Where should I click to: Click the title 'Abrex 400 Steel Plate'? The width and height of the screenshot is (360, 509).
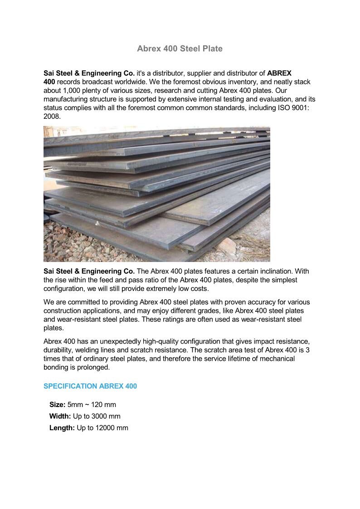tap(180, 48)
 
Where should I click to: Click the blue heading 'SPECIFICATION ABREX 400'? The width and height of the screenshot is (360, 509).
tap(90, 386)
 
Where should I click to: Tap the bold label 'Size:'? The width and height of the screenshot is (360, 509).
tap(58, 404)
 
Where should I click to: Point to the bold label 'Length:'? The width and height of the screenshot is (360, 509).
tap(62, 428)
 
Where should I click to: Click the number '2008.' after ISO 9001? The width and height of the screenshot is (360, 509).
tap(52, 116)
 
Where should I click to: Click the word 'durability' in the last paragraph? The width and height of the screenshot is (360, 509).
tap(59, 350)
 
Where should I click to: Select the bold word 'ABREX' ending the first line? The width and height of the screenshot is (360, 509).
tap(279, 73)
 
